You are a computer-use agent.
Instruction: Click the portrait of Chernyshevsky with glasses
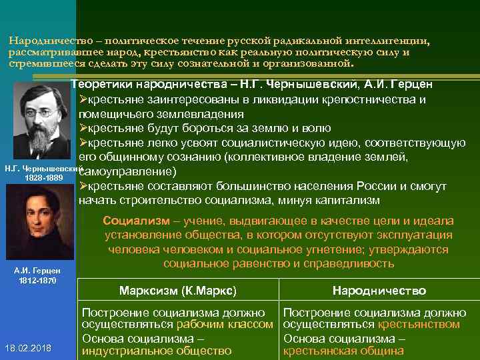[40, 120]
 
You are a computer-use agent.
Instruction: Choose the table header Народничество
[379, 291]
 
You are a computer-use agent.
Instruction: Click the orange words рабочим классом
[225, 325]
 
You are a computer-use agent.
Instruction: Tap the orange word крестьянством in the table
[419, 325]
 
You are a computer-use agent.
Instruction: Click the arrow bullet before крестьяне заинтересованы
[83, 99]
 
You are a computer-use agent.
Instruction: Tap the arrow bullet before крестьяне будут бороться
[83, 128]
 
